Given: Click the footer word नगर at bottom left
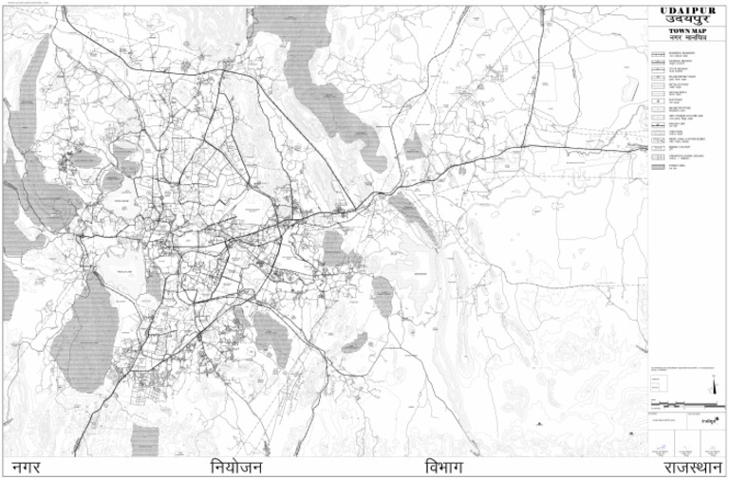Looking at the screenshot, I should (27, 468).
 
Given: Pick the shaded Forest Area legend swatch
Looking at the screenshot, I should (658, 166).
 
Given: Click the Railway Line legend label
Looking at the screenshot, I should (676, 124).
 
